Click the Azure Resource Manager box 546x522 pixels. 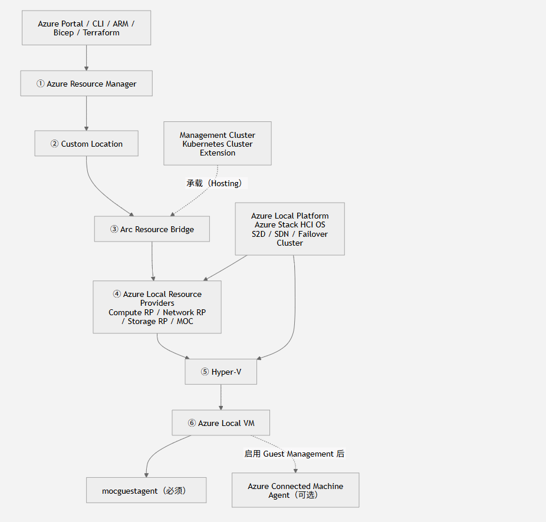[86, 84]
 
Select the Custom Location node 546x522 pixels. [86, 143]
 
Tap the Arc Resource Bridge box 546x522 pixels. [152, 229]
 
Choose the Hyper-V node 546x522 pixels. [221, 372]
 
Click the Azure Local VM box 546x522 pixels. [221, 423]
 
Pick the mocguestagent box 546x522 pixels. [146, 490]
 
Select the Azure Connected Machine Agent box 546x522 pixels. [295, 490]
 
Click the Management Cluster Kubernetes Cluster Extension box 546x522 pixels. [218, 143]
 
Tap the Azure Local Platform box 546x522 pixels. [290, 229]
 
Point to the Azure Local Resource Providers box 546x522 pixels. [157, 308]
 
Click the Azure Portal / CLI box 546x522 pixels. [86, 28]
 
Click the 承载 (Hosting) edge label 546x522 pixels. [214, 183]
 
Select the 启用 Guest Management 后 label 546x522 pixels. [294, 454]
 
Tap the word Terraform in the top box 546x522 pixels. [101, 33]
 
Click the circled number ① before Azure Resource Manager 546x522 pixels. [41, 84]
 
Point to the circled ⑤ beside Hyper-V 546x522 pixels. [205, 372]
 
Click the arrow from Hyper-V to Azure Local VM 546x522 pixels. [221, 397]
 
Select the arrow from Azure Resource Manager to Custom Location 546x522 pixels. [86, 113]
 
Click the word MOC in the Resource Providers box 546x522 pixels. [185, 321]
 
